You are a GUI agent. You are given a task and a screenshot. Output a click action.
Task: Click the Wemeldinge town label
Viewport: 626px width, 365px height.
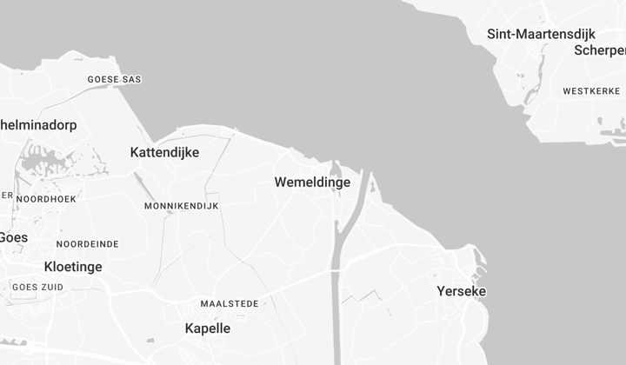312,182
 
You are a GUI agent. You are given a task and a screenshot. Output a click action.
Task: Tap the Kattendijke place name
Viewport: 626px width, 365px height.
164,153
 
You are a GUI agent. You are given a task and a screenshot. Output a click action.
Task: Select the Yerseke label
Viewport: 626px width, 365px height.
462,291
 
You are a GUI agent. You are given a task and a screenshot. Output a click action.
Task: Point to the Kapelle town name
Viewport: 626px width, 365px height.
208,328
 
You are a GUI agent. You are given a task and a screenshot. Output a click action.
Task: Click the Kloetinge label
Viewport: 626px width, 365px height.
73,267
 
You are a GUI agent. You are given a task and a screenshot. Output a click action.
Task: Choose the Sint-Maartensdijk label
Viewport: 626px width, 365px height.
541,35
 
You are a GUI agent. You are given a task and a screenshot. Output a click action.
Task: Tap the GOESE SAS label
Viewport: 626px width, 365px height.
114,80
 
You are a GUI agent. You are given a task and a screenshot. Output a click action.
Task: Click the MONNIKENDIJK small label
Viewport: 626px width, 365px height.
182,206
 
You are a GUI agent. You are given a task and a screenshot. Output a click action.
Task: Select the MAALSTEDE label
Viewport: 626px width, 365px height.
230,304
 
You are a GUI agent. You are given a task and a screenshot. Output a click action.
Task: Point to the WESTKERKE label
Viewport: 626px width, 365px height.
591,91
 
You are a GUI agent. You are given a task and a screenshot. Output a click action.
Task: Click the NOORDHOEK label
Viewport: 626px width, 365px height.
46,199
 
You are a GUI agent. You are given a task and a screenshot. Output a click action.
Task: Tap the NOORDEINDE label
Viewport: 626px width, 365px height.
87,244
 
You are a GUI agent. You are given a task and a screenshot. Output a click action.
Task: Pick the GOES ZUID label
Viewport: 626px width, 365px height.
37,287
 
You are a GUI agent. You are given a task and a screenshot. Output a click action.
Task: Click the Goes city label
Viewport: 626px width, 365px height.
13,237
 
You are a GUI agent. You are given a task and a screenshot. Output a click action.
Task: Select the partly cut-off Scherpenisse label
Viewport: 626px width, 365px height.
600,50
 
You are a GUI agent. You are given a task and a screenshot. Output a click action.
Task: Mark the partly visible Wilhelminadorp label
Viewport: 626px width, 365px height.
38,125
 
